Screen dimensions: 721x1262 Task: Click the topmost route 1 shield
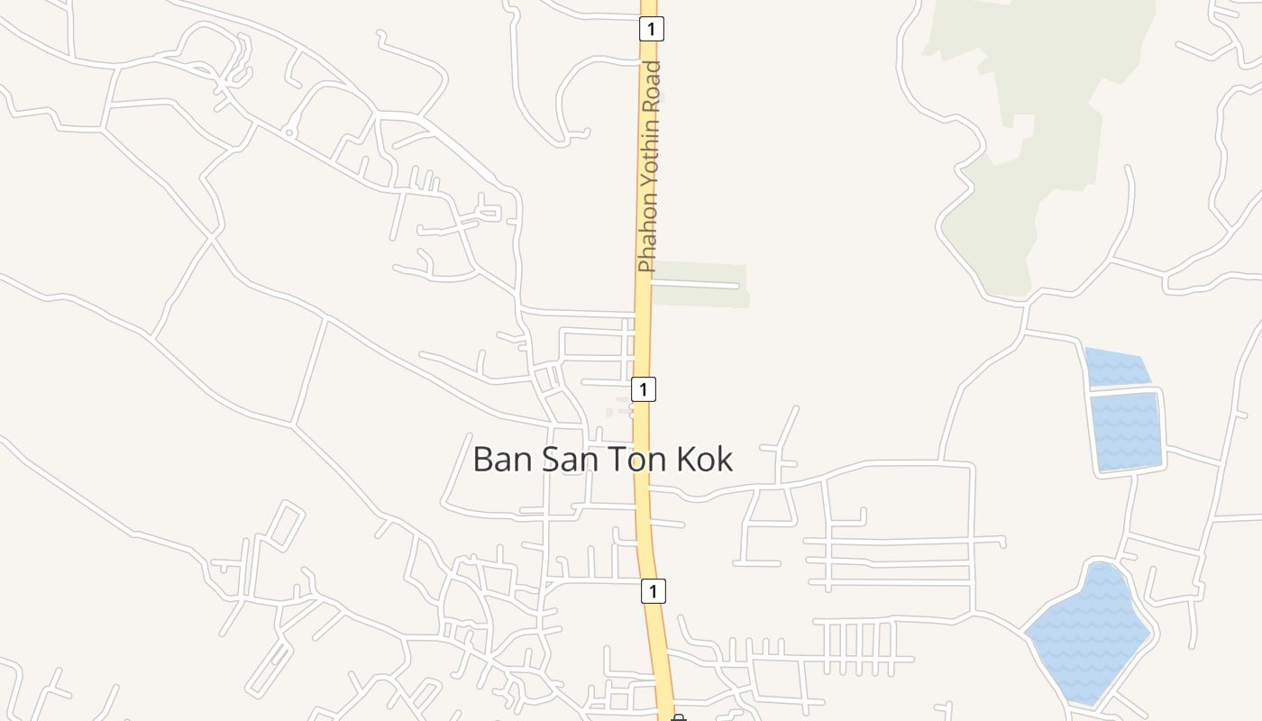click(x=652, y=29)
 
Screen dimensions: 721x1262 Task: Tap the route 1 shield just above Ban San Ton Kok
click(x=643, y=389)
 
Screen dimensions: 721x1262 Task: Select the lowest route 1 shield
click(x=654, y=591)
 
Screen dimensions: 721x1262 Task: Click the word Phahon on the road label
click(x=647, y=241)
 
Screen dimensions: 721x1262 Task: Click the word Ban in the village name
click(x=503, y=459)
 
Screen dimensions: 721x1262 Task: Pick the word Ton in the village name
click(x=630, y=459)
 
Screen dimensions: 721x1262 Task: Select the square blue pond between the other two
click(x=1126, y=431)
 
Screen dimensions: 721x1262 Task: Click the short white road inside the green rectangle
click(x=695, y=285)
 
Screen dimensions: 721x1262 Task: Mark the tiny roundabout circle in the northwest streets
click(x=289, y=132)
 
